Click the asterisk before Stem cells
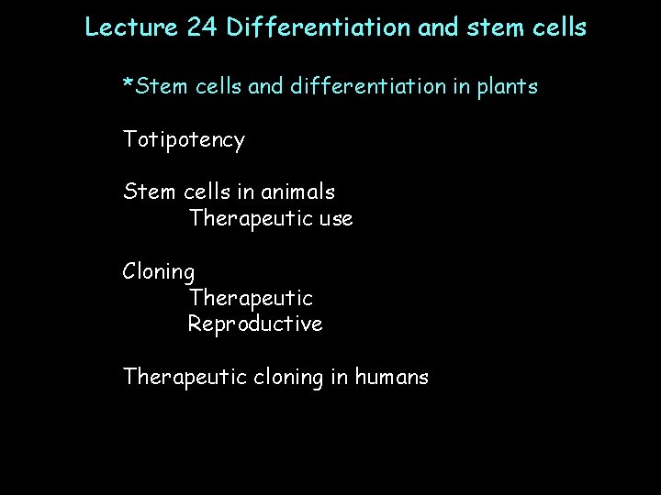coord(129,85)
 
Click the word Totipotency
coord(184,141)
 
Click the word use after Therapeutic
coord(334,220)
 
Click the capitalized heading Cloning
coord(159,273)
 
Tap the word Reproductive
coord(255,324)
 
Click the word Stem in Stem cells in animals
coord(145,192)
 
